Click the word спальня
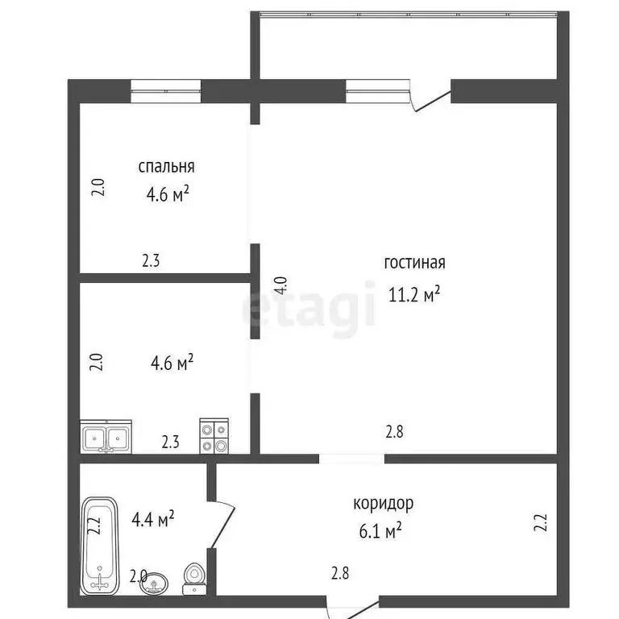point(166,168)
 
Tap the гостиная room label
point(415,263)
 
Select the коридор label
point(383,505)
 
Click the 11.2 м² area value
point(414,294)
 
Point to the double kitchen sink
point(106,438)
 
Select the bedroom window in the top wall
point(166,90)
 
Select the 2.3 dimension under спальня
point(152,261)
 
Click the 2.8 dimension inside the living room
point(394,431)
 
